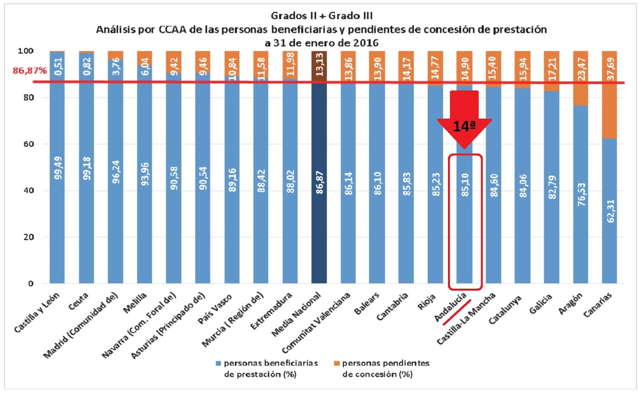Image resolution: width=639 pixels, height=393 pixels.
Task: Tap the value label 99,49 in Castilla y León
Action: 58,168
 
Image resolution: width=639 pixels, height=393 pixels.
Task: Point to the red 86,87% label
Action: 30,71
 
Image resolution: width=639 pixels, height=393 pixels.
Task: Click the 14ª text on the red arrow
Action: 464,127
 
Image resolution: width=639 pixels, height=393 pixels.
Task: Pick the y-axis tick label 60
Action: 28,144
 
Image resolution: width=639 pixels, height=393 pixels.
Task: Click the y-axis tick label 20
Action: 28,237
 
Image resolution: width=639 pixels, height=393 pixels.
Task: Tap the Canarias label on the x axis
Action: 597,305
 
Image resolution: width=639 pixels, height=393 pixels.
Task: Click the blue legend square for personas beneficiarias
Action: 218,363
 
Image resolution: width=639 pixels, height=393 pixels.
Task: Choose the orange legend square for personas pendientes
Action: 337,363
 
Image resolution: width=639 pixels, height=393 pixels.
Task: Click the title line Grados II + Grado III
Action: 321,16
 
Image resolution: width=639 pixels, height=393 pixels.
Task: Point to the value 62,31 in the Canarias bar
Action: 611,211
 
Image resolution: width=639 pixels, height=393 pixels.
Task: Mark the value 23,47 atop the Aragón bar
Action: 581,69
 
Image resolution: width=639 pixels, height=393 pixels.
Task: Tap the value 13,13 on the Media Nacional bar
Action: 319,64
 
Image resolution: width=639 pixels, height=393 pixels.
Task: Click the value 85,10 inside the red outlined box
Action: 465,185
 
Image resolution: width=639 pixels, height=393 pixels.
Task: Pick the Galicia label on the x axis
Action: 541,304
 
